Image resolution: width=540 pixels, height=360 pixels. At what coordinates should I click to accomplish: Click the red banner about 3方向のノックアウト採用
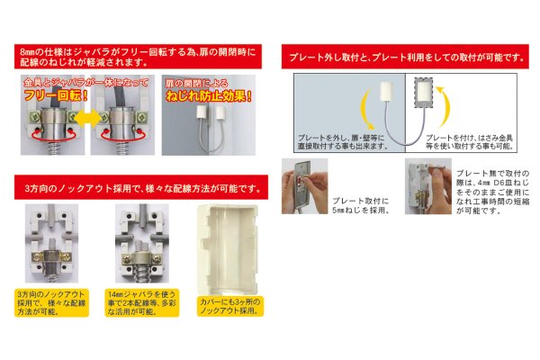(136, 189)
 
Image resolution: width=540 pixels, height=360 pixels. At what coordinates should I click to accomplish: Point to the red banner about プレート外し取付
(400, 58)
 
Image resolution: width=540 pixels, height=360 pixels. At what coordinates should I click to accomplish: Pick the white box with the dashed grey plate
(427, 94)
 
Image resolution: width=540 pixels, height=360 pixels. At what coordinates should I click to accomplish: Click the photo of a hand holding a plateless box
(426, 187)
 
